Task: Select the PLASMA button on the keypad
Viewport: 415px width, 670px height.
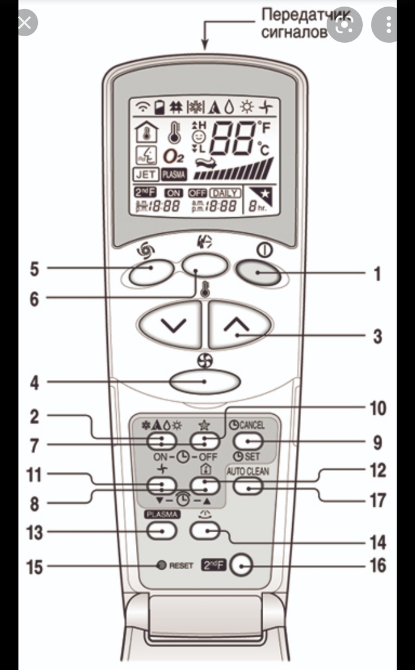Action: pyautogui.click(x=162, y=531)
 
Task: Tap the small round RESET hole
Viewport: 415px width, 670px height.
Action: pyautogui.click(x=161, y=565)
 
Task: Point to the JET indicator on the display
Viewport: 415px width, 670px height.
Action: pyautogui.click(x=145, y=174)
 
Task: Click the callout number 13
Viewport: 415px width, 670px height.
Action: pyautogui.click(x=34, y=532)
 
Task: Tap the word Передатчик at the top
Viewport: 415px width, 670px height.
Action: pyautogui.click(x=297, y=13)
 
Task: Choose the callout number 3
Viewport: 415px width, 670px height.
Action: pyautogui.click(x=377, y=336)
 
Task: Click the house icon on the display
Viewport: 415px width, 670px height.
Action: pyautogui.click(x=144, y=132)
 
